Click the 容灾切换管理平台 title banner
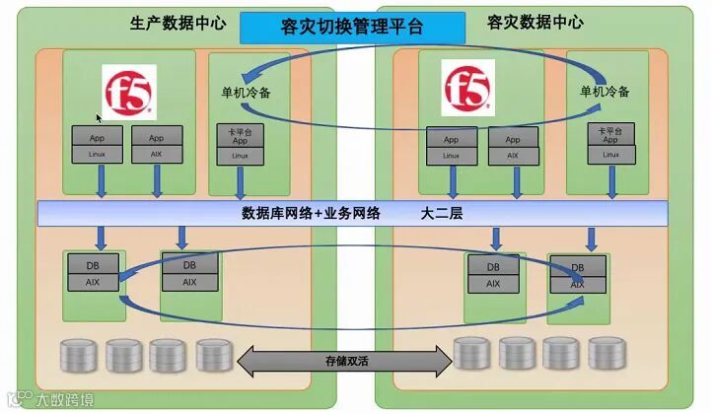coord(352,27)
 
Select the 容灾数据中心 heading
coord(535,22)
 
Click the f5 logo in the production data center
coord(129,92)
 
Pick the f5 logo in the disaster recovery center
coord(467,90)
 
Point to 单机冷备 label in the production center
coord(246,93)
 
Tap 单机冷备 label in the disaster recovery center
coord(604,92)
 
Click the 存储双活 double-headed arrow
coord(344,361)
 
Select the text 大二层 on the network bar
coord(442,212)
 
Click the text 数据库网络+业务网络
coord(311,212)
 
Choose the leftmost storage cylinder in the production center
coord(80,354)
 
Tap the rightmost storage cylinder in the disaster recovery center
coord(606,353)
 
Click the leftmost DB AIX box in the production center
coord(93,272)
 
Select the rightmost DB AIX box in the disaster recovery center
coord(577,275)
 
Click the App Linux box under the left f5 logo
coord(98,146)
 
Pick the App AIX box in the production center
coord(156,146)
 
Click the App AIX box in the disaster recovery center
coord(512,147)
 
